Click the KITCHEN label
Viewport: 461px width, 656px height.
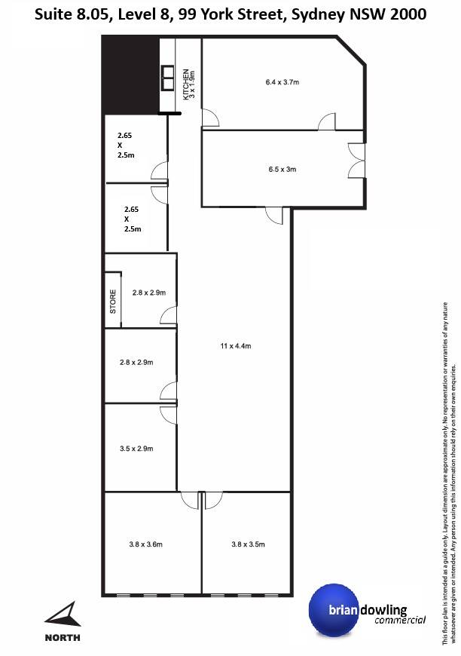[x=186, y=84]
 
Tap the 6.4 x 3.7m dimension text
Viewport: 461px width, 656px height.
[x=282, y=82]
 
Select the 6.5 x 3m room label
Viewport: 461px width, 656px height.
[x=282, y=169]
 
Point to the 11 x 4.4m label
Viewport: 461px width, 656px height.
[x=236, y=346]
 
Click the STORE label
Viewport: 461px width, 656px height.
[x=113, y=302]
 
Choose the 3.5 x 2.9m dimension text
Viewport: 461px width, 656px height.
[x=136, y=449]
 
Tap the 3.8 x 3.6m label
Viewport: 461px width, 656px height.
[x=146, y=544]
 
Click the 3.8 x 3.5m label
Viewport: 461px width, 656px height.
[x=249, y=544]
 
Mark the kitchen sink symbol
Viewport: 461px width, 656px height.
[x=167, y=78]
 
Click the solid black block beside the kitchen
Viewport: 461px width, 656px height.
[x=131, y=75]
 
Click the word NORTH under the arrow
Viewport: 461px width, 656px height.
[x=63, y=638]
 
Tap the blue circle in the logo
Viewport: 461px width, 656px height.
[x=333, y=609]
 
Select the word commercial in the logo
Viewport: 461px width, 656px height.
[x=400, y=620]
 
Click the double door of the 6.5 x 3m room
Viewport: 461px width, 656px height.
[x=356, y=161]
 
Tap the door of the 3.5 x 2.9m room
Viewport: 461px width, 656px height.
[x=169, y=415]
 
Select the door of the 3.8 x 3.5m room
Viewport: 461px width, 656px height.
[x=214, y=501]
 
